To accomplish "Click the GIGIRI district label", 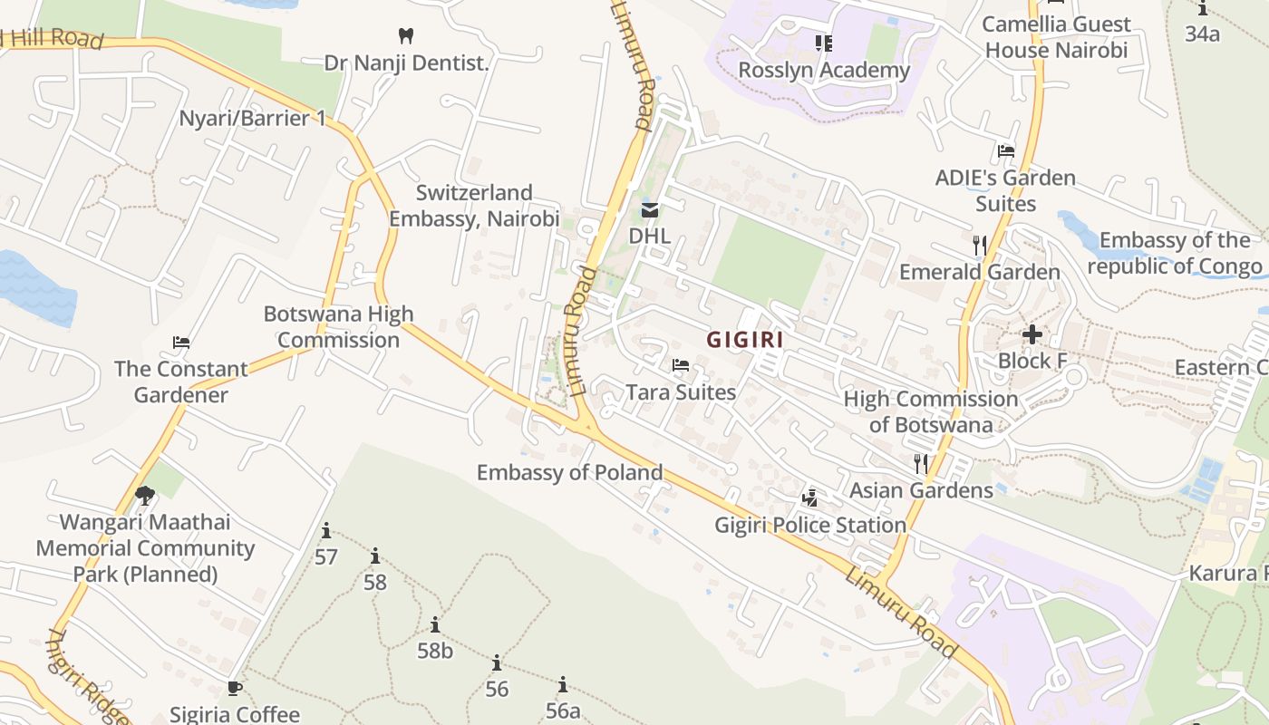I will coord(745,340).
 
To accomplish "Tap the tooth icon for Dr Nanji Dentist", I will coord(406,36).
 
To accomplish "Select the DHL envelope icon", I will coord(650,211).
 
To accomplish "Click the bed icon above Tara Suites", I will coord(681,365).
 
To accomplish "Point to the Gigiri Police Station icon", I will coord(810,498).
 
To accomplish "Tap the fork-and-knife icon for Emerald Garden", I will coord(979,245).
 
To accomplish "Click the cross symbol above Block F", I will coord(1032,334).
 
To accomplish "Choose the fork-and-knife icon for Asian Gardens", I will coord(921,463).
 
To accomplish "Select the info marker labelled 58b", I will coord(435,624).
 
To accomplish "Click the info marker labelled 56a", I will coord(563,684).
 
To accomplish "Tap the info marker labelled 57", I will coord(326,530).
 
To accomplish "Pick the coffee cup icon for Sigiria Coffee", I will coord(235,688).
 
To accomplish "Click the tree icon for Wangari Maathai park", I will coord(144,495).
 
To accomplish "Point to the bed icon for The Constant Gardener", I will coord(181,343).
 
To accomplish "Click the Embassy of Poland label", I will coord(570,472).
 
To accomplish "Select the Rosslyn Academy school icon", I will coord(823,43).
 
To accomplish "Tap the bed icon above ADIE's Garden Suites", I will coord(1005,151).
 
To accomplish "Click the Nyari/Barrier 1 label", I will coord(252,118).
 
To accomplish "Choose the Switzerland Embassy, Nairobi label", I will coord(474,206).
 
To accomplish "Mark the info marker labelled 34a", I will coord(1203,9).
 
